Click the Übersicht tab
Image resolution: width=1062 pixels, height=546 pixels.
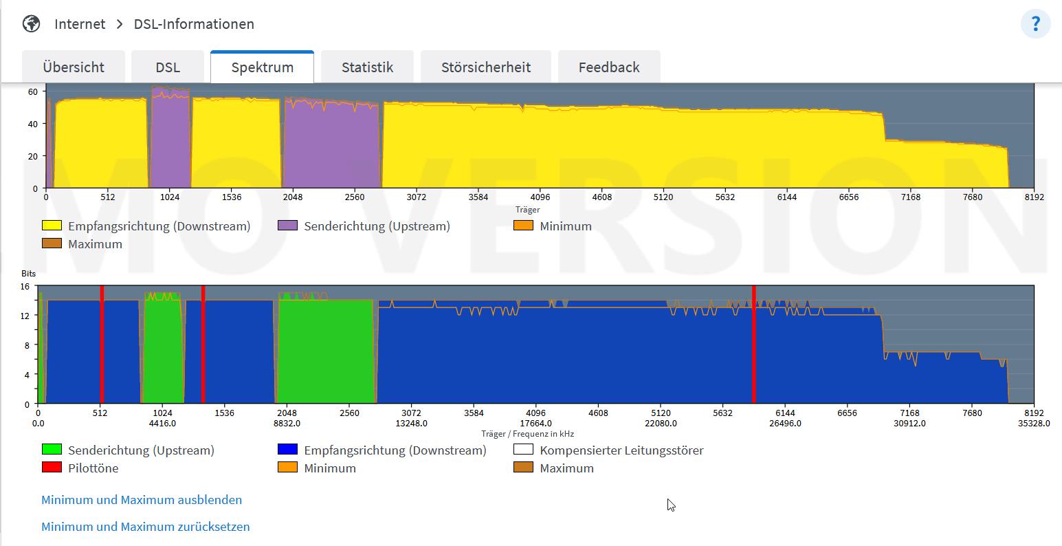pyautogui.click(x=74, y=67)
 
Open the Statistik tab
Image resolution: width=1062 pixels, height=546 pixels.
pyautogui.click(x=368, y=67)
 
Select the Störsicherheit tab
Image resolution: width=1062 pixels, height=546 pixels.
pyautogui.click(x=486, y=67)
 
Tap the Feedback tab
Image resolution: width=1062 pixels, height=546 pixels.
pyautogui.click(x=609, y=67)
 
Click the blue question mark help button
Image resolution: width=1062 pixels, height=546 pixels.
pyautogui.click(x=1035, y=23)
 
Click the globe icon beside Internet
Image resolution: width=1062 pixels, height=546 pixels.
pyautogui.click(x=32, y=23)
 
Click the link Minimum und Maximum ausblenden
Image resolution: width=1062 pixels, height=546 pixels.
pyautogui.click(x=142, y=499)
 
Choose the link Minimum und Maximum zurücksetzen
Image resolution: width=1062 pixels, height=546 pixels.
pyautogui.click(x=146, y=527)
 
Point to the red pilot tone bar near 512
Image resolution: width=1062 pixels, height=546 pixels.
pyautogui.click(x=102, y=345)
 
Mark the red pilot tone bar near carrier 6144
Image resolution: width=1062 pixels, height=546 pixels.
pyautogui.click(x=754, y=345)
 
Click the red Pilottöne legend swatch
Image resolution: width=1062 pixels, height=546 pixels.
pyautogui.click(x=52, y=467)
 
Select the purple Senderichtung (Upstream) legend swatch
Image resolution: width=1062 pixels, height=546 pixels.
pyautogui.click(x=288, y=226)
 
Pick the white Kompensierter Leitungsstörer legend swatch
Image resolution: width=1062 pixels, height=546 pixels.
pyautogui.click(x=523, y=449)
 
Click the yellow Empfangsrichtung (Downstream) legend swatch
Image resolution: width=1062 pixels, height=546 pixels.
pyautogui.click(x=52, y=226)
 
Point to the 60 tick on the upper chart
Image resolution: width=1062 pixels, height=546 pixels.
pyautogui.click(x=33, y=91)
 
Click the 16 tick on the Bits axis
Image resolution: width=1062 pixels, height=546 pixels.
pyautogui.click(x=25, y=287)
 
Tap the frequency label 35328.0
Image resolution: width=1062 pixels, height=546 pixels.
pyautogui.click(x=1034, y=423)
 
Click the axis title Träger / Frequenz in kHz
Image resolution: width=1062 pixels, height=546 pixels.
pyautogui.click(x=528, y=434)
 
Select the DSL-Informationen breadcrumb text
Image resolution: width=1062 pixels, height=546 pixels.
pyautogui.click(x=194, y=23)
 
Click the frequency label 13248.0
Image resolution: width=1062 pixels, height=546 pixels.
pyautogui.click(x=412, y=423)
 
